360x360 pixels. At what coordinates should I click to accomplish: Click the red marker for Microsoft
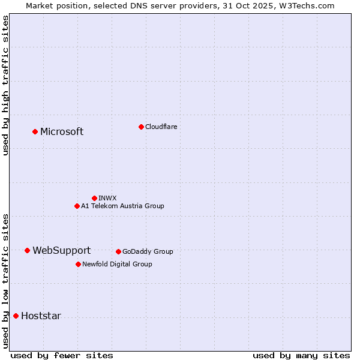pyautogui.click(x=35, y=131)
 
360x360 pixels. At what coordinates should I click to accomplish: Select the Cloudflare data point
pyautogui.click(x=141, y=127)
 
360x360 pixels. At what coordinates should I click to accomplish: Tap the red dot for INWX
pyautogui.click(x=94, y=198)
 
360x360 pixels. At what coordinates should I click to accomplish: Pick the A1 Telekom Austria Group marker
pyautogui.click(x=77, y=206)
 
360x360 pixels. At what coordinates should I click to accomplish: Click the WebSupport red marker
pyautogui.click(x=27, y=250)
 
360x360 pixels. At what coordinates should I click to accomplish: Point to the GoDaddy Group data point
pyautogui.click(x=118, y=251)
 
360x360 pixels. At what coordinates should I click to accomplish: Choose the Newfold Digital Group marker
pyautogui.click(x=78, y=264)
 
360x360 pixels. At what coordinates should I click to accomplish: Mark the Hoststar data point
pyautogui.click(x=16, y=316)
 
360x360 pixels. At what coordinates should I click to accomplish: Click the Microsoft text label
pyautogui.click(x=62, y=132)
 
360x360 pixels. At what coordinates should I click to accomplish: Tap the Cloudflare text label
pyautogui.click(x=161, y=127)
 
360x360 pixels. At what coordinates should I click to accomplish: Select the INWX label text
pyautogui.click(x=107, y=198)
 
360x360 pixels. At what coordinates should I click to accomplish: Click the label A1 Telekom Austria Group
pyautogui.click(x=122, y=206)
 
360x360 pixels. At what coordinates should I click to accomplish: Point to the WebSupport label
pyautogui.click(x=61, y=251)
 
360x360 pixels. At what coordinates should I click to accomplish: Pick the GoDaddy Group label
pyautogui.click(x=148, y=251)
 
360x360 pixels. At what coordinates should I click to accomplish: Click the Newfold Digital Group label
pyautogui.click(x=117, y=264)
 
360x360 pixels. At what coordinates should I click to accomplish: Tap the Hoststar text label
pyautogui.click(x=41, y=316)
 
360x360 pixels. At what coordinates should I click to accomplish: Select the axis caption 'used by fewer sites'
pyautogui.click(x=62, y=355)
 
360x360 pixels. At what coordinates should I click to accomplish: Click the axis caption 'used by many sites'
pyautogui.click(x=301, y=355)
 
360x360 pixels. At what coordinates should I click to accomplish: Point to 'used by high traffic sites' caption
pyautogui.click(x=5, y=85)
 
